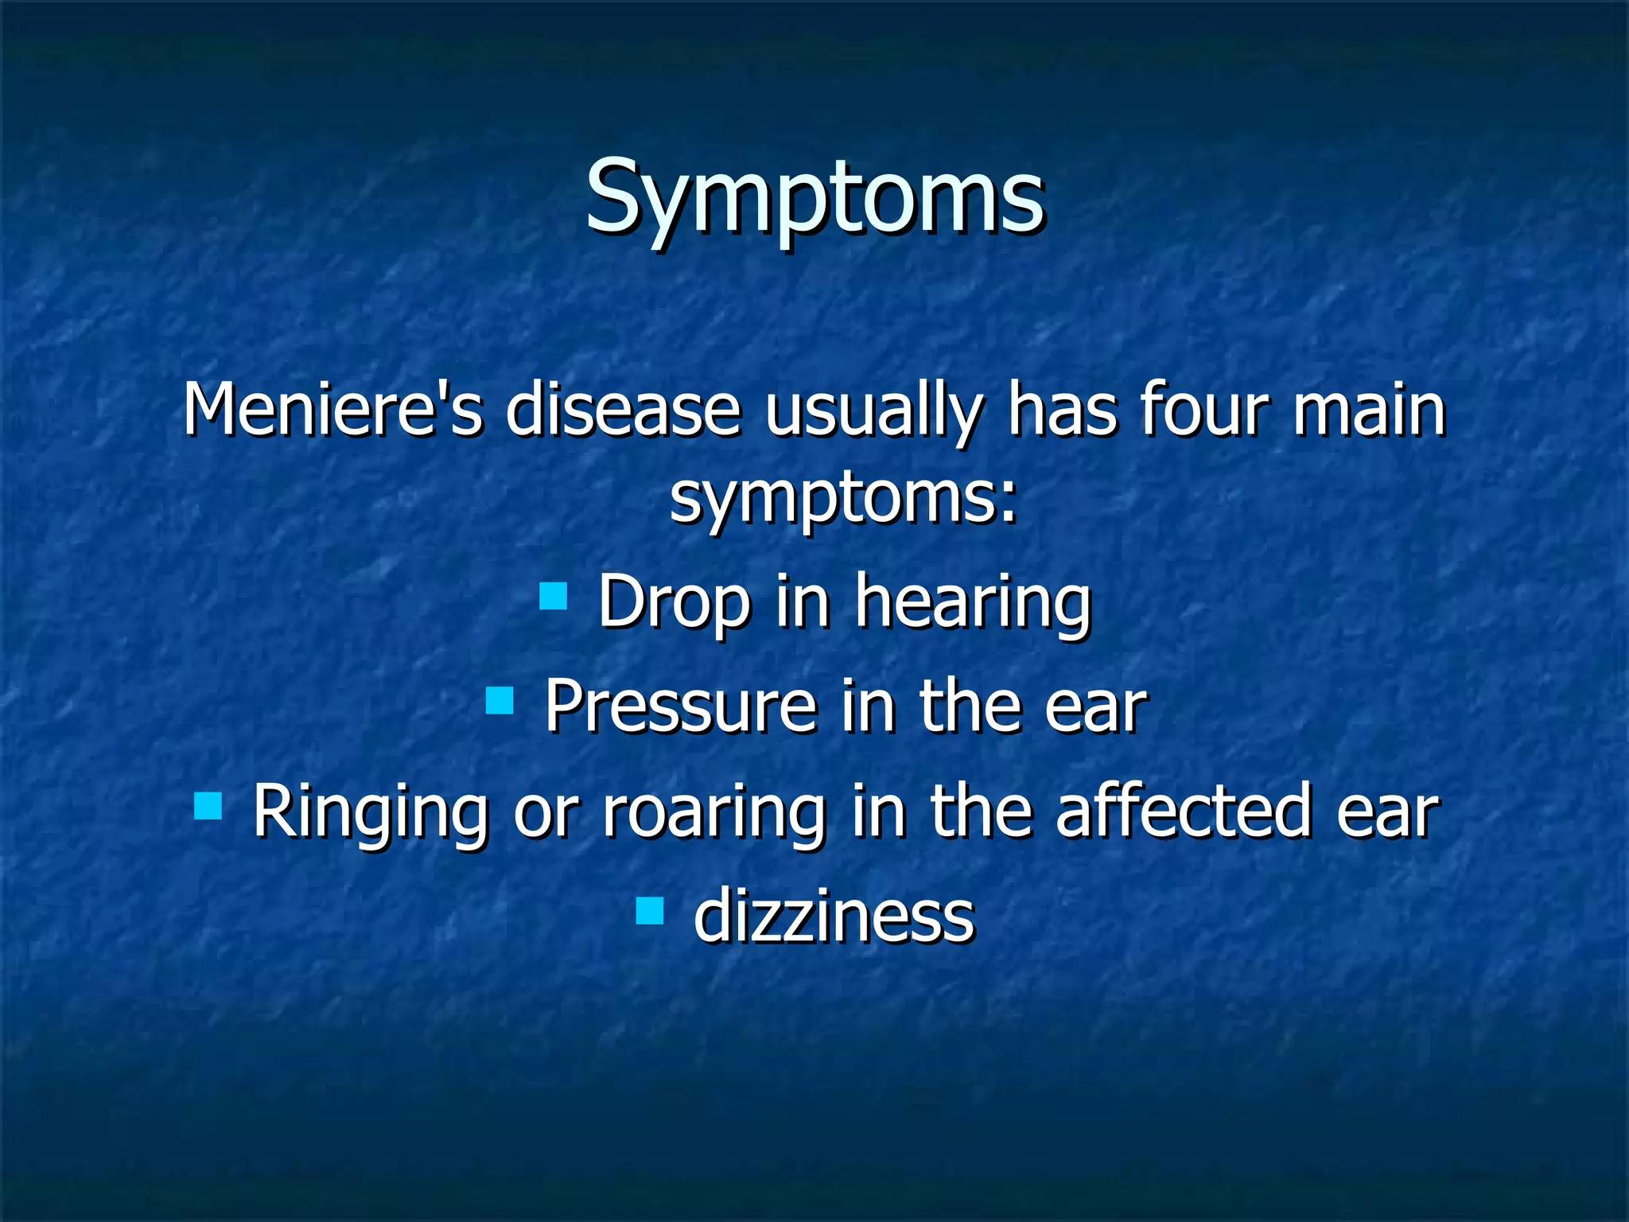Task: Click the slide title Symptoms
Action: coord(814,197)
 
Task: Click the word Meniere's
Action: coord(332,411)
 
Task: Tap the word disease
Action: coord(623,411)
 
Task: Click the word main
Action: coord(1368,411)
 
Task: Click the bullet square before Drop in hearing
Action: coord(553,595)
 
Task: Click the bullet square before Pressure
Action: coord(500,701)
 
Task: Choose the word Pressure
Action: coord(681,706)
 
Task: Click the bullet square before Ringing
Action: coord(208,806)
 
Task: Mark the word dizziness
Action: coord(834,917)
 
